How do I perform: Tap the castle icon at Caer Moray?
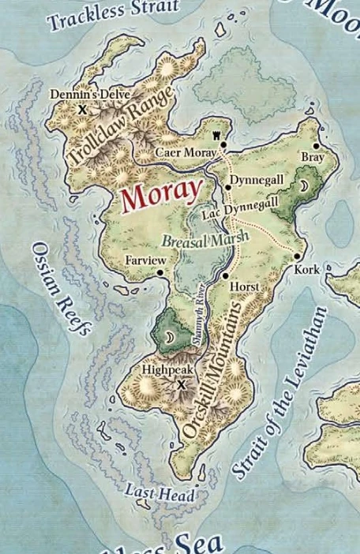[223, 144]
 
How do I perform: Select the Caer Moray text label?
[185, 152]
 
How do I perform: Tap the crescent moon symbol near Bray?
[304, 186]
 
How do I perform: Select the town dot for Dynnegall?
[228, 186]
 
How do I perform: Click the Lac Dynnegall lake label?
[240, 209]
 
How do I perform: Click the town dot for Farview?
[160, 272]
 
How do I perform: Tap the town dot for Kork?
[298, 256]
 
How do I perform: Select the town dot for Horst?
[226, 275]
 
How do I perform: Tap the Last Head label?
[148, 492]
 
